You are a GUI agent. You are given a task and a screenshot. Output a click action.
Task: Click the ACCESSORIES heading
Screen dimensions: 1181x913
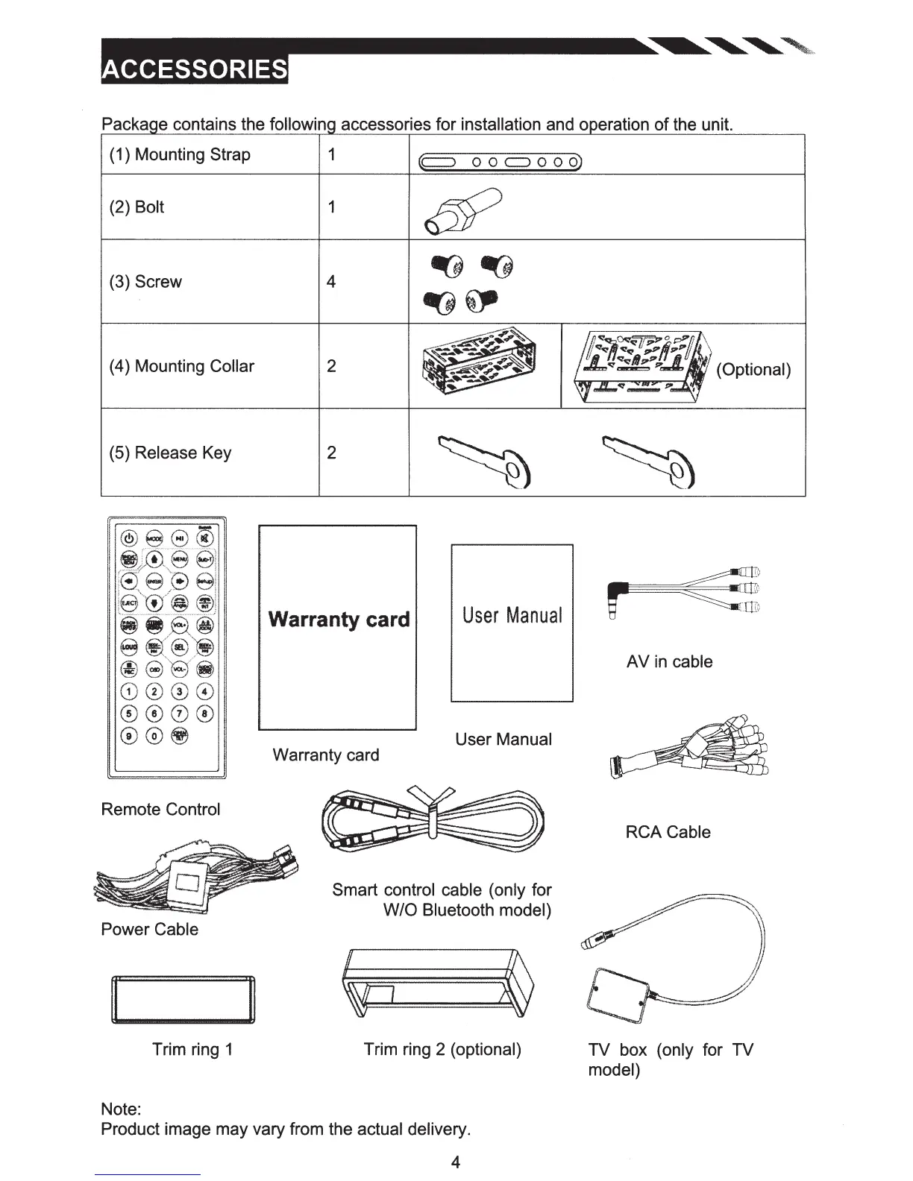point(194,69)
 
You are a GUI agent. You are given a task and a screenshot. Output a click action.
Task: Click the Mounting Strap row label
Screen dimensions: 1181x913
point(180,154)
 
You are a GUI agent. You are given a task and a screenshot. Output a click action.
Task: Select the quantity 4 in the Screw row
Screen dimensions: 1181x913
point(331,282)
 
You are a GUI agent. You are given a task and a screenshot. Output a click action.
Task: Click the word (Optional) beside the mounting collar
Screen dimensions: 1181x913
point(753,370)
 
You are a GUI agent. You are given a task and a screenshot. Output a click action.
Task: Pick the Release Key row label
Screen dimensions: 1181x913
point(170,453)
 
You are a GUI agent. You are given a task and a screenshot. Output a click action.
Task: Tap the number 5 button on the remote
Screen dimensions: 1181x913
point(129,714)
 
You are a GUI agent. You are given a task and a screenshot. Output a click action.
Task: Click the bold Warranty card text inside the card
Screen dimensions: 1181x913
point(339,620)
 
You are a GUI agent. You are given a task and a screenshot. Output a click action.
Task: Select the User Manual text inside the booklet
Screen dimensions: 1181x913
point(512,615)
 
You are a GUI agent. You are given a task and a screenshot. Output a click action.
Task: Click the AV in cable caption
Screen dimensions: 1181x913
point(669,661)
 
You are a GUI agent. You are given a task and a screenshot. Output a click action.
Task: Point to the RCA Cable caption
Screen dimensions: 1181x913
point(668,832)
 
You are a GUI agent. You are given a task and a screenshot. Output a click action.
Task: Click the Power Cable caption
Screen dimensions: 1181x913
point(149,929)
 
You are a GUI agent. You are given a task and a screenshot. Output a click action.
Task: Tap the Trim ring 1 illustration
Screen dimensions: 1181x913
point(183,1000)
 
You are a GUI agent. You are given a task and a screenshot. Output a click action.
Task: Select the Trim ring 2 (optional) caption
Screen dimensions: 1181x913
point(442,1049)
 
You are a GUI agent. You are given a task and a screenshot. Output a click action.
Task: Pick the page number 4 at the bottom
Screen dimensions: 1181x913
point(456,1162)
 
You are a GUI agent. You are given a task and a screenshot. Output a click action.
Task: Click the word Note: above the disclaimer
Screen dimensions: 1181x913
point(121,1109)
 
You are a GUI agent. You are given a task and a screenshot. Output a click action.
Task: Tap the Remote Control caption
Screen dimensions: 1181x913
point(160,809)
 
